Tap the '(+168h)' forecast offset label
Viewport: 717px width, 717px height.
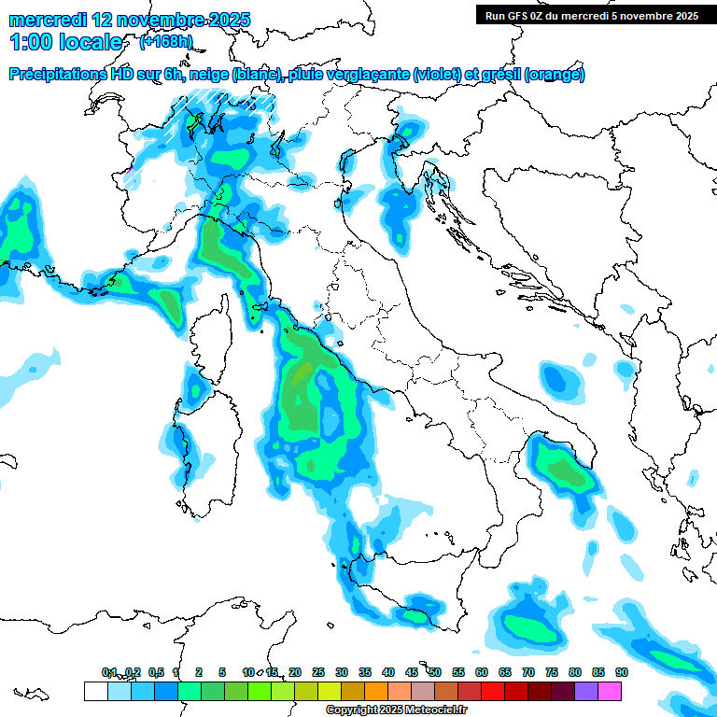[167, 42]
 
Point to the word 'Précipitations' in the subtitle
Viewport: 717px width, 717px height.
[57, 75]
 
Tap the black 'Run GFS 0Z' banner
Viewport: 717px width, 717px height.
[591, 15]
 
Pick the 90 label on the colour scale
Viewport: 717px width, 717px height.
[622, 672]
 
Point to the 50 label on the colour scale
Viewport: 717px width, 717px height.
[435, 672]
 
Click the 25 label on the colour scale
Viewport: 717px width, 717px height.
[318, 672]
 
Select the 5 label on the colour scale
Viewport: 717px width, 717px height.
[222, 672]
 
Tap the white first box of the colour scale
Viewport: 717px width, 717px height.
[95, 691]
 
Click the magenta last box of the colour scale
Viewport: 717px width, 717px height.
[610, 691]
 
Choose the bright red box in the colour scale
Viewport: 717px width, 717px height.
[493, 691]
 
